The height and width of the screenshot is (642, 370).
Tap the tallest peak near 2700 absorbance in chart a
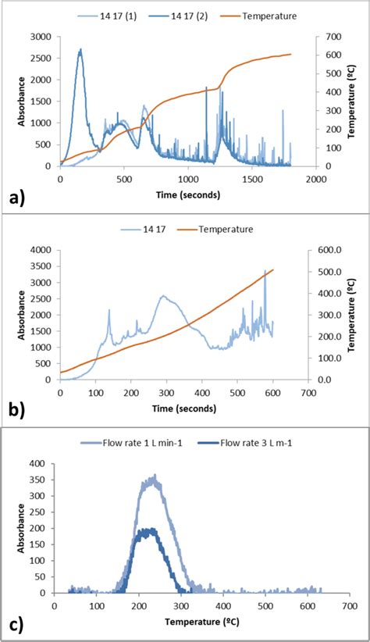coord(80,50)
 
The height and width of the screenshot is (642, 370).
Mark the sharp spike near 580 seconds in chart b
coord(265,271)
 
